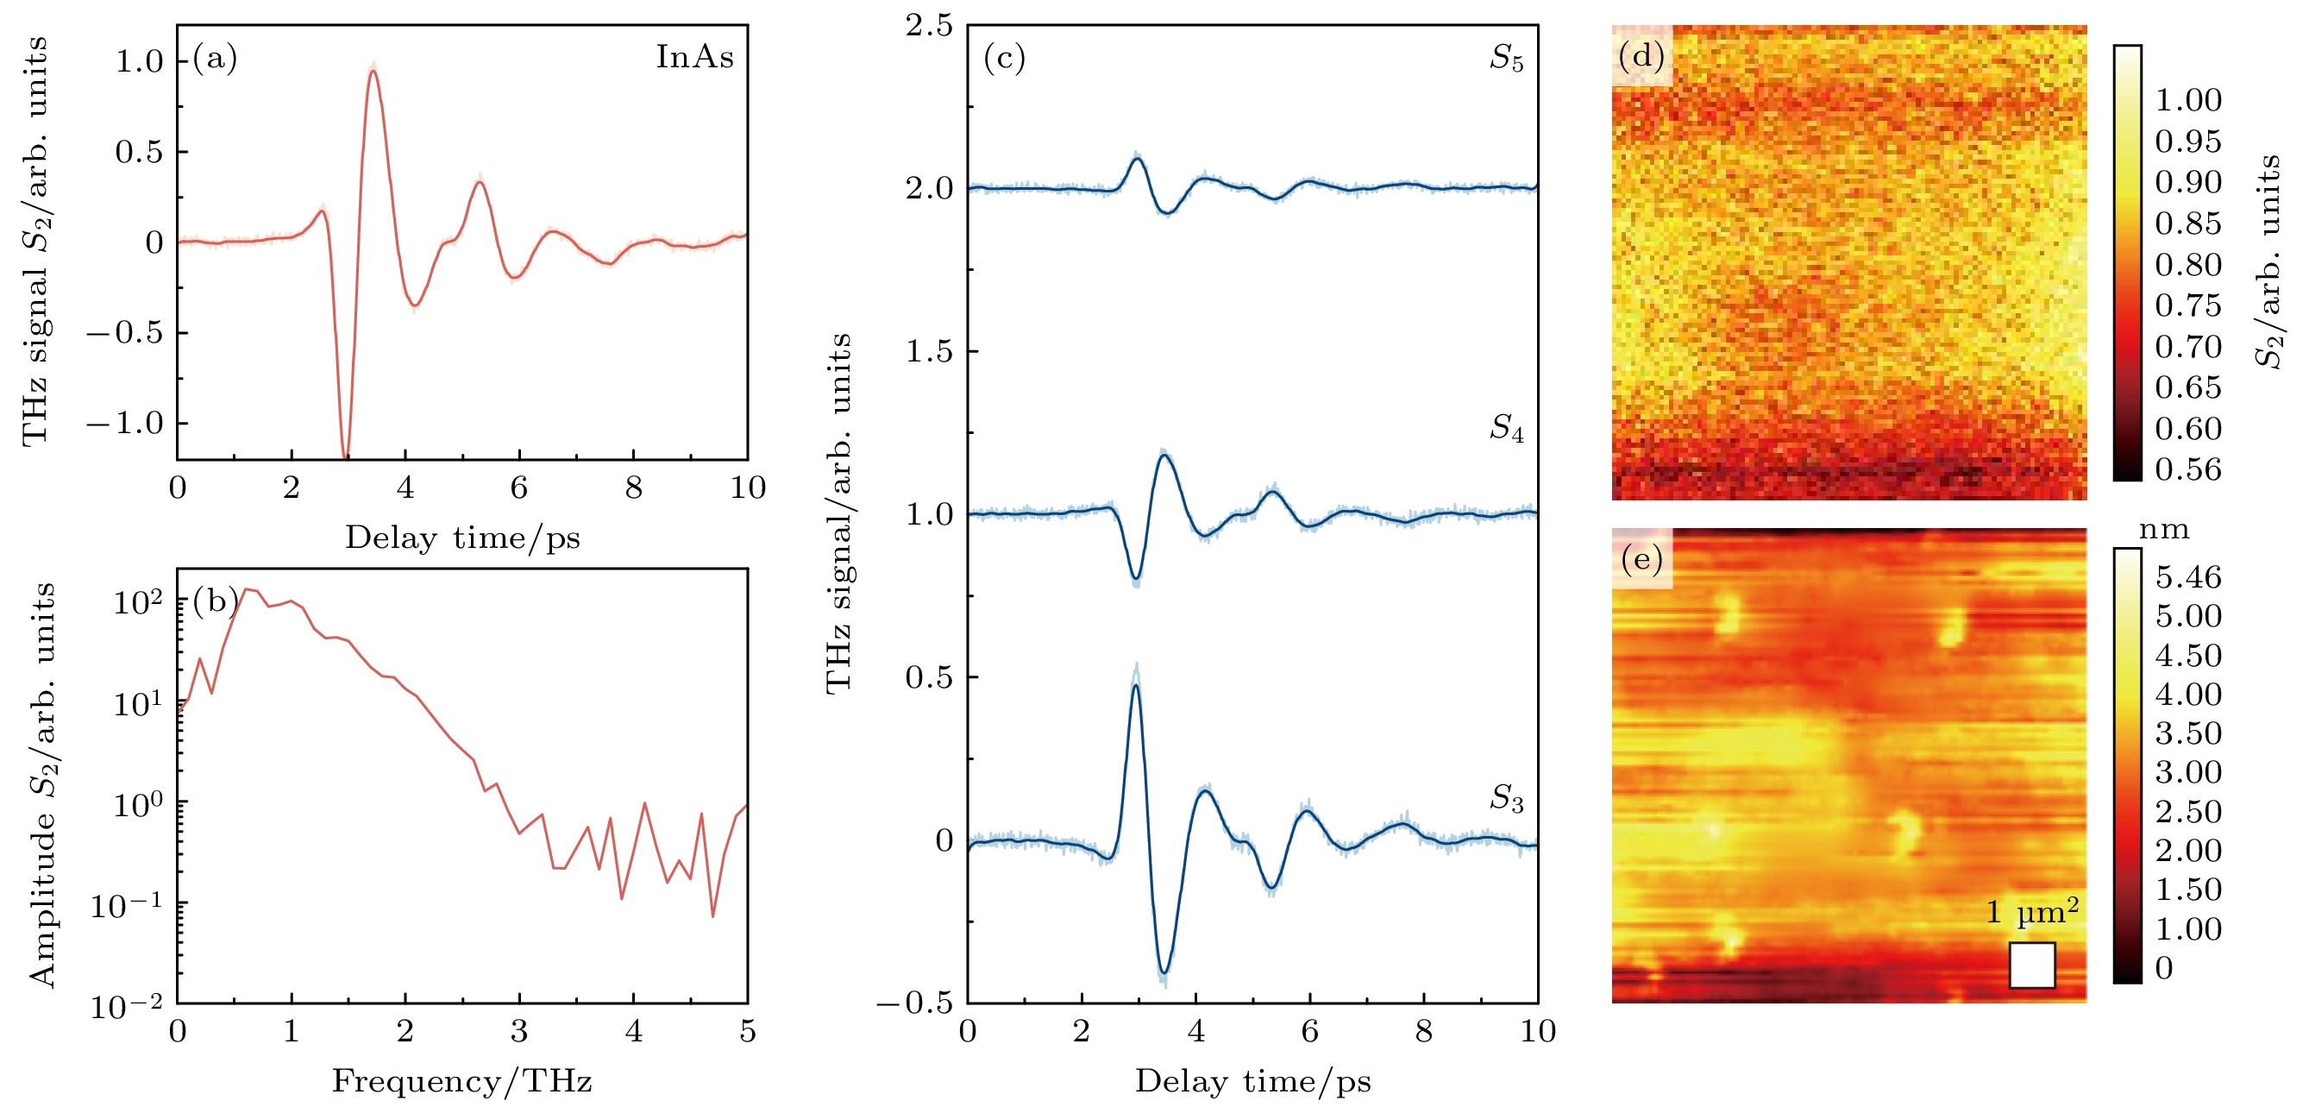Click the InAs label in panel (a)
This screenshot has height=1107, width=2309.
point(694,56)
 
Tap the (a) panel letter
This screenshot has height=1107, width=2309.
point(215,59)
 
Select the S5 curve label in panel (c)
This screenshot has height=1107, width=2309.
point(1506,59)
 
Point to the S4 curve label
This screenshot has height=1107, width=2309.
point(1506,429)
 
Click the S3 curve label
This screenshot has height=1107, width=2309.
point(1506,798)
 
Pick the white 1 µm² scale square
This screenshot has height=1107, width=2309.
point(2032,965)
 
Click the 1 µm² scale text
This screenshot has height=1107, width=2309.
point(2032,913)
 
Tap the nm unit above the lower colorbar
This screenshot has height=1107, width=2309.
point(2164,530)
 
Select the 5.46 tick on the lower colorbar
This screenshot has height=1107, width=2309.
point(2188,577)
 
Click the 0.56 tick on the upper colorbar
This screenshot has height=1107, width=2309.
point(2188,469)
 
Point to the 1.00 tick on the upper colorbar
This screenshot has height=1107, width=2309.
point(2188,99)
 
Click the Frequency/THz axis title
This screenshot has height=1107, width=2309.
point(461,1081)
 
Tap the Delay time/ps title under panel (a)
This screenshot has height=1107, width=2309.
point(461,538)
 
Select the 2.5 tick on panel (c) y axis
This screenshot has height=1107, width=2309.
point(929,26)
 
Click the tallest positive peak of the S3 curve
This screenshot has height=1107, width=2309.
point(1136,686)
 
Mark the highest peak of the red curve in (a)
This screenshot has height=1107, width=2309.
point(373,71)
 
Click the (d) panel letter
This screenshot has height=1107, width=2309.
point(1641,56)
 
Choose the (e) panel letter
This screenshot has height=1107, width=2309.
point(1641,560)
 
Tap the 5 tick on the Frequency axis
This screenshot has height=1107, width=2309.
point(748,1032)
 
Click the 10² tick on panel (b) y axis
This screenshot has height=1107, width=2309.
point(137,602)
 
